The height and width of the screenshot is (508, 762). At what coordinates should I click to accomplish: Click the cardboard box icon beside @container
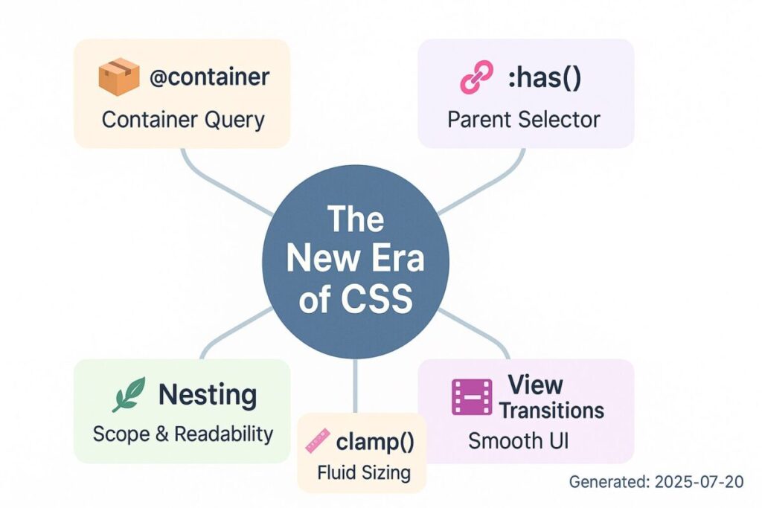point(118,77)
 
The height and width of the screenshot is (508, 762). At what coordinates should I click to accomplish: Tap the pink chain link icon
point(476,77)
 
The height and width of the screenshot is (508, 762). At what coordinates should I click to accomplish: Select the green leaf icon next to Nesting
point(129,394)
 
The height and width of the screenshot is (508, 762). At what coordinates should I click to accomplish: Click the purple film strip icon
point(471,397)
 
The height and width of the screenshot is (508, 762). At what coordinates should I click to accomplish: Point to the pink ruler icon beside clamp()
point(317,441)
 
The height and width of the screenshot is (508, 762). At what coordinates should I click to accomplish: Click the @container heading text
point(209,77)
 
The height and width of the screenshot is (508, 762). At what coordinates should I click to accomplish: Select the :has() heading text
point(544,77)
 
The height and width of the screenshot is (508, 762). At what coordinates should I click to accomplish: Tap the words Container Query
point(183,120)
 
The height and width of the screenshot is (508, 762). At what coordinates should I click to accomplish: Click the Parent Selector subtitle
point(524,120)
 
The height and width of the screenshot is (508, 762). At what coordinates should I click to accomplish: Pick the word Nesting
point(208,395)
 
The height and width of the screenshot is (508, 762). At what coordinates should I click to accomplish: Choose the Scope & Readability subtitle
point(183,434)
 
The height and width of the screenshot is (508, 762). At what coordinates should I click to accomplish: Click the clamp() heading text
point(375,442)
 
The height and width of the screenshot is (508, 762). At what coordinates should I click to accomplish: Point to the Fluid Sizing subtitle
point(364,472)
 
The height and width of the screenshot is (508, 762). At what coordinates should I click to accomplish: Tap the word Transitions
point(551,411)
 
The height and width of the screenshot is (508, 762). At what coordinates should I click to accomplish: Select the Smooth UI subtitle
point(518,441)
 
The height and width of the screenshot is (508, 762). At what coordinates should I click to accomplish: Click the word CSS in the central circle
point(377,298)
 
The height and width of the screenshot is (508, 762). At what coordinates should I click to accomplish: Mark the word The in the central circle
point(356,219)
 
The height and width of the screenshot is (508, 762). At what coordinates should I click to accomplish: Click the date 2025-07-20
point(699,482)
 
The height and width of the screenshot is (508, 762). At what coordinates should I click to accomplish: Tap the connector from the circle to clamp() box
point(355,386)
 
